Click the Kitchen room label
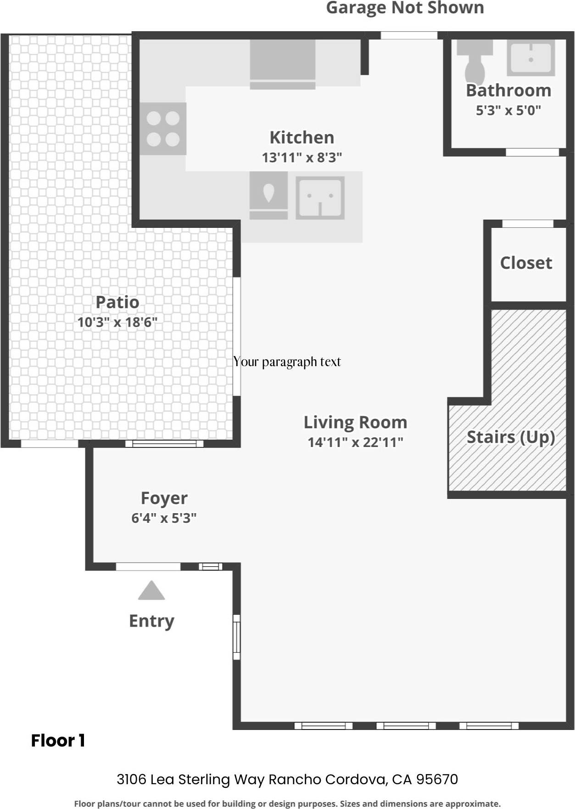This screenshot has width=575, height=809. pyautogui.click(x=301, y=137)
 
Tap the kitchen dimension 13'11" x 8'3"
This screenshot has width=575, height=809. pyautogui.click(x=301, y=158)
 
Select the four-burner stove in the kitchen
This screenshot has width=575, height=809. pyautogui.click(x=163, y=129)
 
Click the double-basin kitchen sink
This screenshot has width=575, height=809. pyautogui.click(x=320, y=198)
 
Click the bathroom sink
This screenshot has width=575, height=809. pyautogui.click(x=530, y=57)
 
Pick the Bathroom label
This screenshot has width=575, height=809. pyautogui.click(x=508, y=91)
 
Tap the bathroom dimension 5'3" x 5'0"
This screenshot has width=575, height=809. pyautogui.click(x=508, y=110)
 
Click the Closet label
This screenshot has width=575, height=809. pyautogui.click(x=526, y=263)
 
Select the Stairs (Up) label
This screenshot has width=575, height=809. pyautogui.click(x=511, y=437)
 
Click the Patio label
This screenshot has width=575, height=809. pyautogui.click(x=117, y=302)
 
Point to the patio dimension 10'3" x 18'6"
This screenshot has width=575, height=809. pyautogui.click(x=117, y=322)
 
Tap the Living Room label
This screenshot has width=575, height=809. pyautogui.click(x=355, y=422)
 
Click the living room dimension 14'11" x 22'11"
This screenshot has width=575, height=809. pyautogui.click(x=355, y=442)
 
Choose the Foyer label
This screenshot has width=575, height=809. pyautogui.click(x=164, y=498)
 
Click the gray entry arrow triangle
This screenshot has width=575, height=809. pyautogui.click(x=151, y=592)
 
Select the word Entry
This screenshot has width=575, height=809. pyautogui.click(x=151, y=621)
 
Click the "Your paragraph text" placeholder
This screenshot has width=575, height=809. pyautogui.click(x=287, y=362)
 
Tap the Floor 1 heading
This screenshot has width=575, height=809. pyautogui.click(x=58, y=741)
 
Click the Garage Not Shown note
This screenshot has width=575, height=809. pyautogui.click(x=405, y=8)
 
